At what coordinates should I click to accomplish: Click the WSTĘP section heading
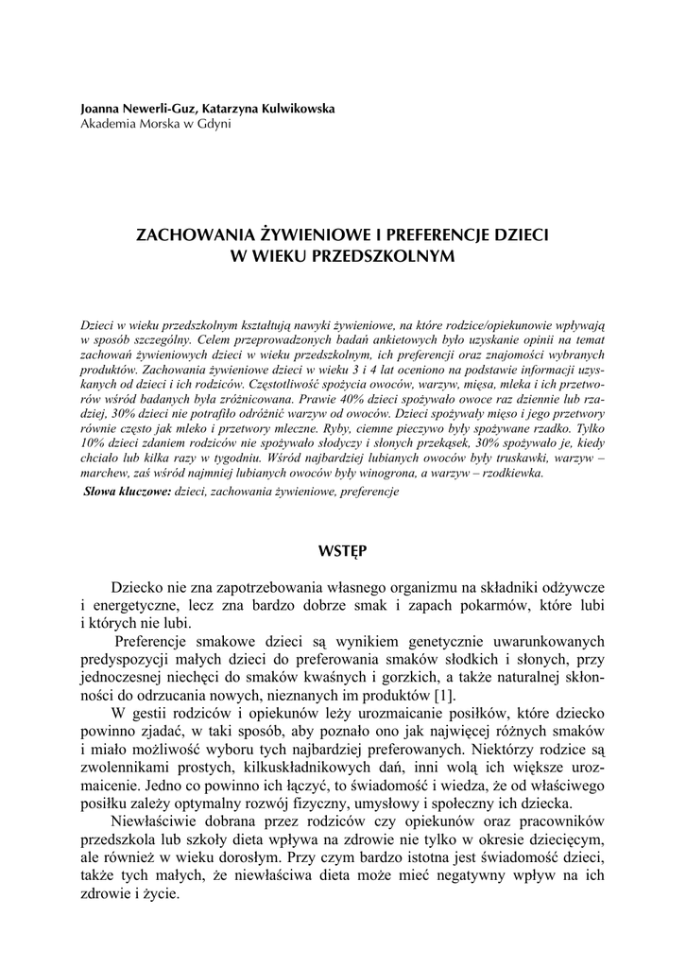[343, 548]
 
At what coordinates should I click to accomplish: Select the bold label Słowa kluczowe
[127, 492]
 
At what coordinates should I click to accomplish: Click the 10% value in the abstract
[95, 442]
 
